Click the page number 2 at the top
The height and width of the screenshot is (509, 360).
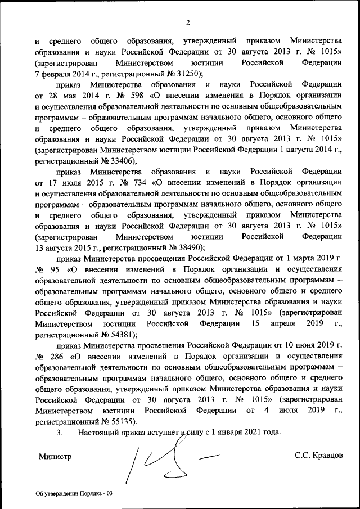188,22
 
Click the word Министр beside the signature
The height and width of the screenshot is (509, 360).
55,456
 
